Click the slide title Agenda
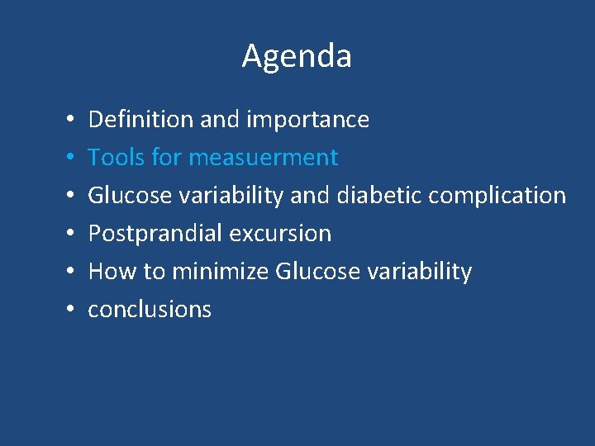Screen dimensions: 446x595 point(297,56)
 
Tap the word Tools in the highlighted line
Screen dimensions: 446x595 point(115,157)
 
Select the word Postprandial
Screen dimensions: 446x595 point(155,234)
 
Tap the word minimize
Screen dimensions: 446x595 point(221,271)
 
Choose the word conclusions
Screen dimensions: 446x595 point(150,310)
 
